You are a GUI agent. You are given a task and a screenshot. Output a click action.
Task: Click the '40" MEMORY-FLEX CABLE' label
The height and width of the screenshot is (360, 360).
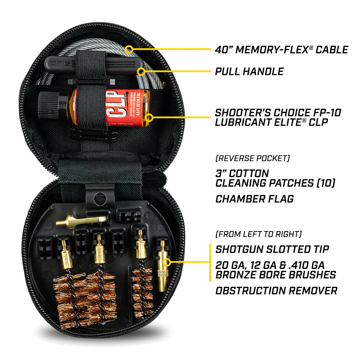click(x=282, y=50)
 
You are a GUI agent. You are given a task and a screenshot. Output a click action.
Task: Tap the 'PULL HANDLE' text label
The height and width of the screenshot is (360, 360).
click(x=249, y=71)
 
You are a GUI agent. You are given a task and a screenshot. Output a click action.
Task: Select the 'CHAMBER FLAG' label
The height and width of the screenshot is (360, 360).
click(x=255, y=198)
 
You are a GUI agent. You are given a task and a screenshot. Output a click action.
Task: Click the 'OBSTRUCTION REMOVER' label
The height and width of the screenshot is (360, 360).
click(x=276, y=291)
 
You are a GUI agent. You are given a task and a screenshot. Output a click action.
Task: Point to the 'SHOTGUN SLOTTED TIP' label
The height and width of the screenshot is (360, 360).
click(x=272, y=249)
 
